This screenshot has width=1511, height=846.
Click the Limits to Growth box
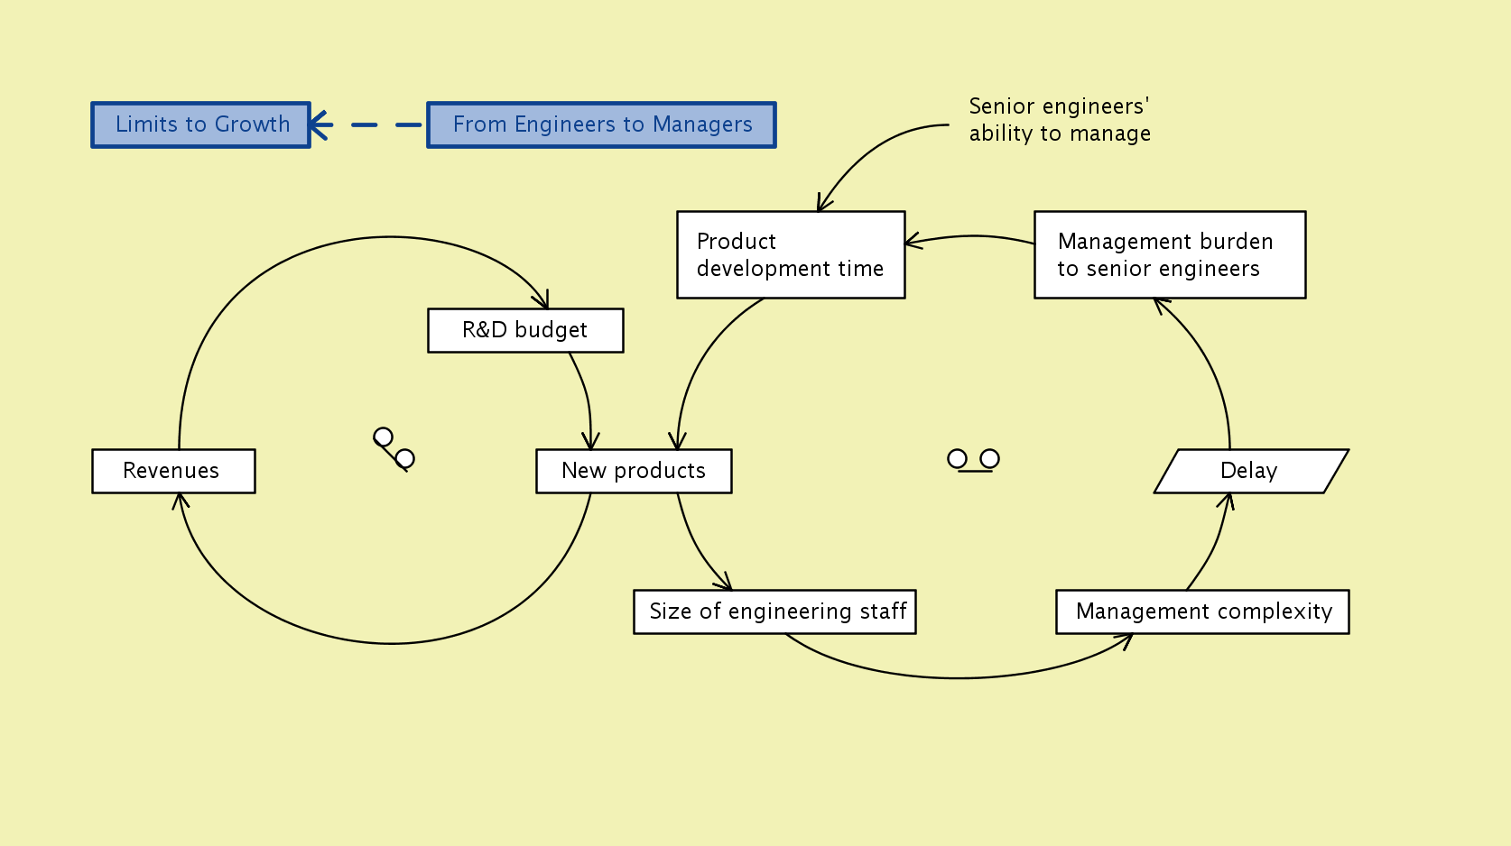pyautogui.click(x=200, y=124)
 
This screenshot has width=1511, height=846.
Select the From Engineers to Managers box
pyautogui.click(x=601, y=124)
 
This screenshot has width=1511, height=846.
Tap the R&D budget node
pyautogui.click(x=525, y=330)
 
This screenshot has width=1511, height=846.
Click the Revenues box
pyautogui.click(x=173, y=471)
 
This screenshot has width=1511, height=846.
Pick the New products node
pyautogui.click(x=634, y=471)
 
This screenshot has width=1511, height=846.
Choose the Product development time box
pyautogui.click(x=791, y=254)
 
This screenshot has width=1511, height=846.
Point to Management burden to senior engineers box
pyautogui.click(x=1170, y=254)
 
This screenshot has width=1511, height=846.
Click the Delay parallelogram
pyautogui.click(x=1251, y=471)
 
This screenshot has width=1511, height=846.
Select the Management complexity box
pyautogui.click(x=1202, y=612)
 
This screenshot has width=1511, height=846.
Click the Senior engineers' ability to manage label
pyautogui.click(x=1059, y=120)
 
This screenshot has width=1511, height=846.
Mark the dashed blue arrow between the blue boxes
pyautogui.click(x=368, y=124)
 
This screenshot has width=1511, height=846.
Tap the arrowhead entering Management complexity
pyautogui.click(x=1126, y=639)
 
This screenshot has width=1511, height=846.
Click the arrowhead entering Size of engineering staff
pyautogui.click(x=725, y=584)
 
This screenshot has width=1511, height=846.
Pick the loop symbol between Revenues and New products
pyautogui.click(x=394, y=448)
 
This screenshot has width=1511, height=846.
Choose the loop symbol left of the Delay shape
pyautogui.click(x=973, y=460)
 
